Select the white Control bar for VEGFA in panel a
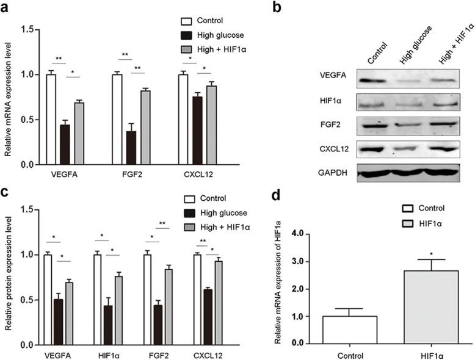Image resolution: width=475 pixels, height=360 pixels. coord(51,120)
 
